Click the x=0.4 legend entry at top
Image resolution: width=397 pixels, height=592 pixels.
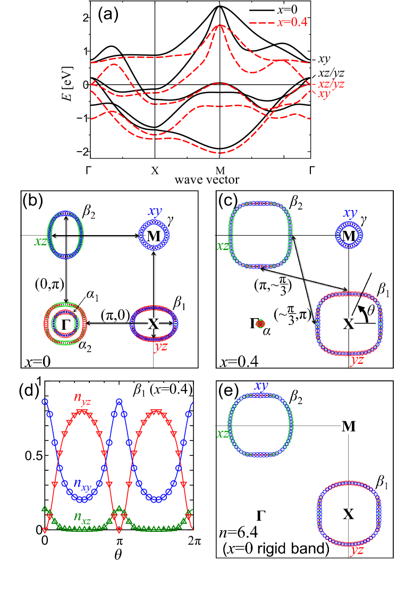(280, 23)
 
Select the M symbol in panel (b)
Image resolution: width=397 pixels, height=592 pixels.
(153, 236)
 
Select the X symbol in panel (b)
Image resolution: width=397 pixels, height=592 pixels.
(153, 324)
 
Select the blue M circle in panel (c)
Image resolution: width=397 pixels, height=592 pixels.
(349, 235)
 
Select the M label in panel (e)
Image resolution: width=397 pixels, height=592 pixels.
(349, 426)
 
